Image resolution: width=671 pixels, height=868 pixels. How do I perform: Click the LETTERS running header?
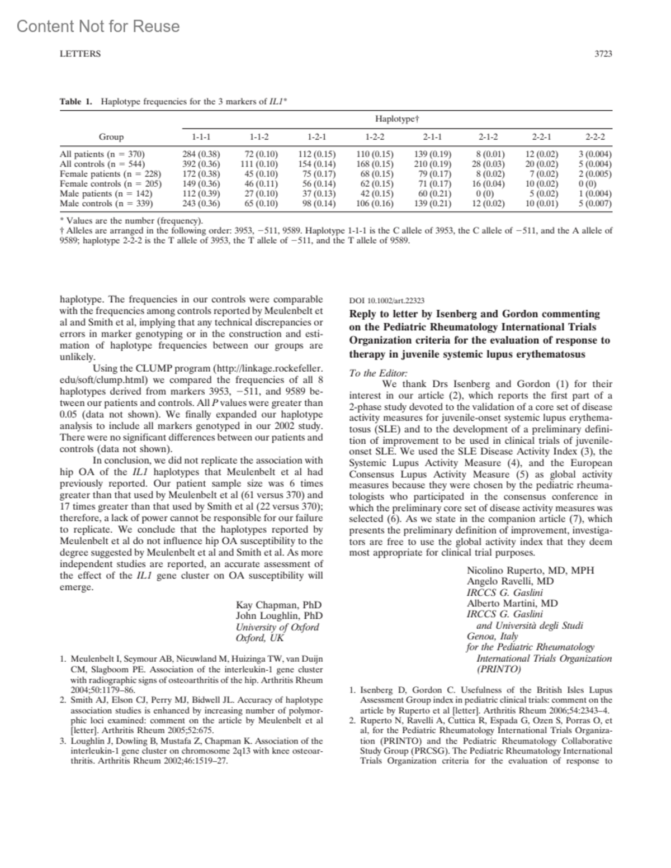click(80, 54)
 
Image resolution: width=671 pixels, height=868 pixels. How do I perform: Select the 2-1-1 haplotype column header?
click(432, 136)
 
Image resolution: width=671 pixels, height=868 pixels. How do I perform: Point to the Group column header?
click(111, 136)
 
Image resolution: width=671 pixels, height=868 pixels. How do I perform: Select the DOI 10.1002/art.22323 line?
click(382, 300)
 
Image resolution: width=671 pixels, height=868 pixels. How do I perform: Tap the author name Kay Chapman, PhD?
click(279, 605)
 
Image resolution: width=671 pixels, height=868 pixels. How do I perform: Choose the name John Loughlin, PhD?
click(279, 616)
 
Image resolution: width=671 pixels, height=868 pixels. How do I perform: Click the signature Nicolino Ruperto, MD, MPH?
click(530, 570)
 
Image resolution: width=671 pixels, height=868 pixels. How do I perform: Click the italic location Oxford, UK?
click(260, 638)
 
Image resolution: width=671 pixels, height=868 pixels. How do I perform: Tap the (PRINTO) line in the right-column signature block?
click(498, 669)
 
